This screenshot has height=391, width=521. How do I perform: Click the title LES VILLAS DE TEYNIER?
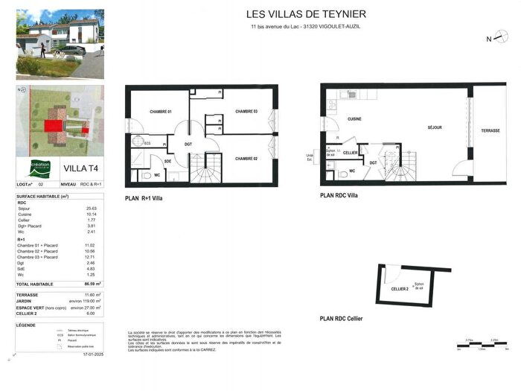tap(306, 14)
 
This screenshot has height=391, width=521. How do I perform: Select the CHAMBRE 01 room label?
tap(160, 112)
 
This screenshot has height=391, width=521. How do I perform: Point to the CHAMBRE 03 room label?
tap(246, 112)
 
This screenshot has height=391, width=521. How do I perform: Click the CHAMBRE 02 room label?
tap(246, 159)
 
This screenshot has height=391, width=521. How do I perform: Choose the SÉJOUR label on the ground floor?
tap(434, 127)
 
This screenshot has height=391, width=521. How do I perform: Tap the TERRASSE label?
tap(490, 130)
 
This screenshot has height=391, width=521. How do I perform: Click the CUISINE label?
tap(354, 119)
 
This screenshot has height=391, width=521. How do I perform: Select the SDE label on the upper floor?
tap(167, 161)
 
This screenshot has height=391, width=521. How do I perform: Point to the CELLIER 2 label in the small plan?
tap(400, 289)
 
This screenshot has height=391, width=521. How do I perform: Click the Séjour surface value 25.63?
tap(92, 208)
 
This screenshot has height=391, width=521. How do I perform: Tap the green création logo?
tap(40, 168)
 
